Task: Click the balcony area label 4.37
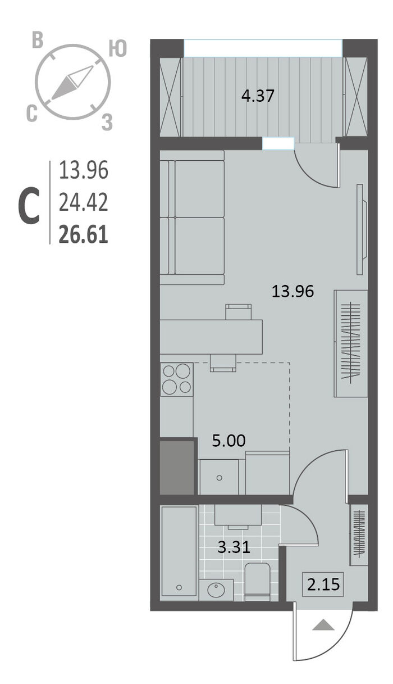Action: point(258,96)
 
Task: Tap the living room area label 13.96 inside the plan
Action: point(293,291)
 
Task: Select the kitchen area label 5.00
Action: point(229,441)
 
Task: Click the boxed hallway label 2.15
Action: point(323,584)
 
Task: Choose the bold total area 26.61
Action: point(84,234)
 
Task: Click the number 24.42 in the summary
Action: point(84,202)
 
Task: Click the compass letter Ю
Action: point(117,48)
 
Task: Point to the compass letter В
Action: point(38,40)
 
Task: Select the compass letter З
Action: point(107,123)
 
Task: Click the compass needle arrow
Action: point(72,83)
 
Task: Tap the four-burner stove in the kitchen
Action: point(177,379)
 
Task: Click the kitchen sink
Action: point(218,477)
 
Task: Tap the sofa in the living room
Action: point(192,218)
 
